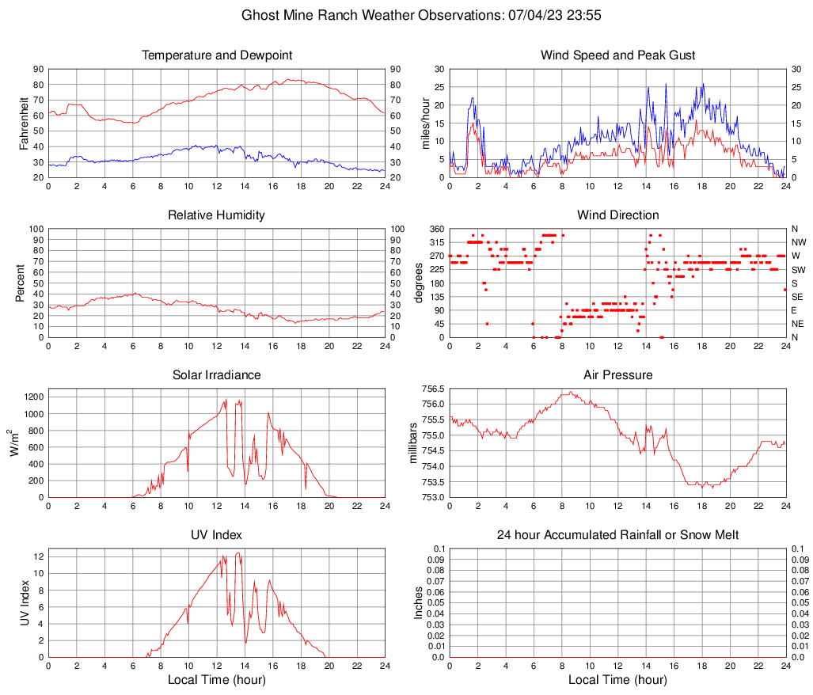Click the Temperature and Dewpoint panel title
click(x=217, y=55)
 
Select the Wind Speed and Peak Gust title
click(x=617, y=55)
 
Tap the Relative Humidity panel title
click(x=217, y=215)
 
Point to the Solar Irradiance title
click(x=217, y=375)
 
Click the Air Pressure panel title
click(x=617, y=375)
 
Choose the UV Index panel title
click(x=217, y=535)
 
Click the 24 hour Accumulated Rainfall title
click(x=617, y=535)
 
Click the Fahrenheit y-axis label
click(x=24, y=123)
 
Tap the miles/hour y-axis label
click(x=425, y=123)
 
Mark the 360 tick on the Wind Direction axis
click(x=436, y=229)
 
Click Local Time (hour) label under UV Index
click(x=217, y=680)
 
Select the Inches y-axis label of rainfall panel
click(x=419, y=603)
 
